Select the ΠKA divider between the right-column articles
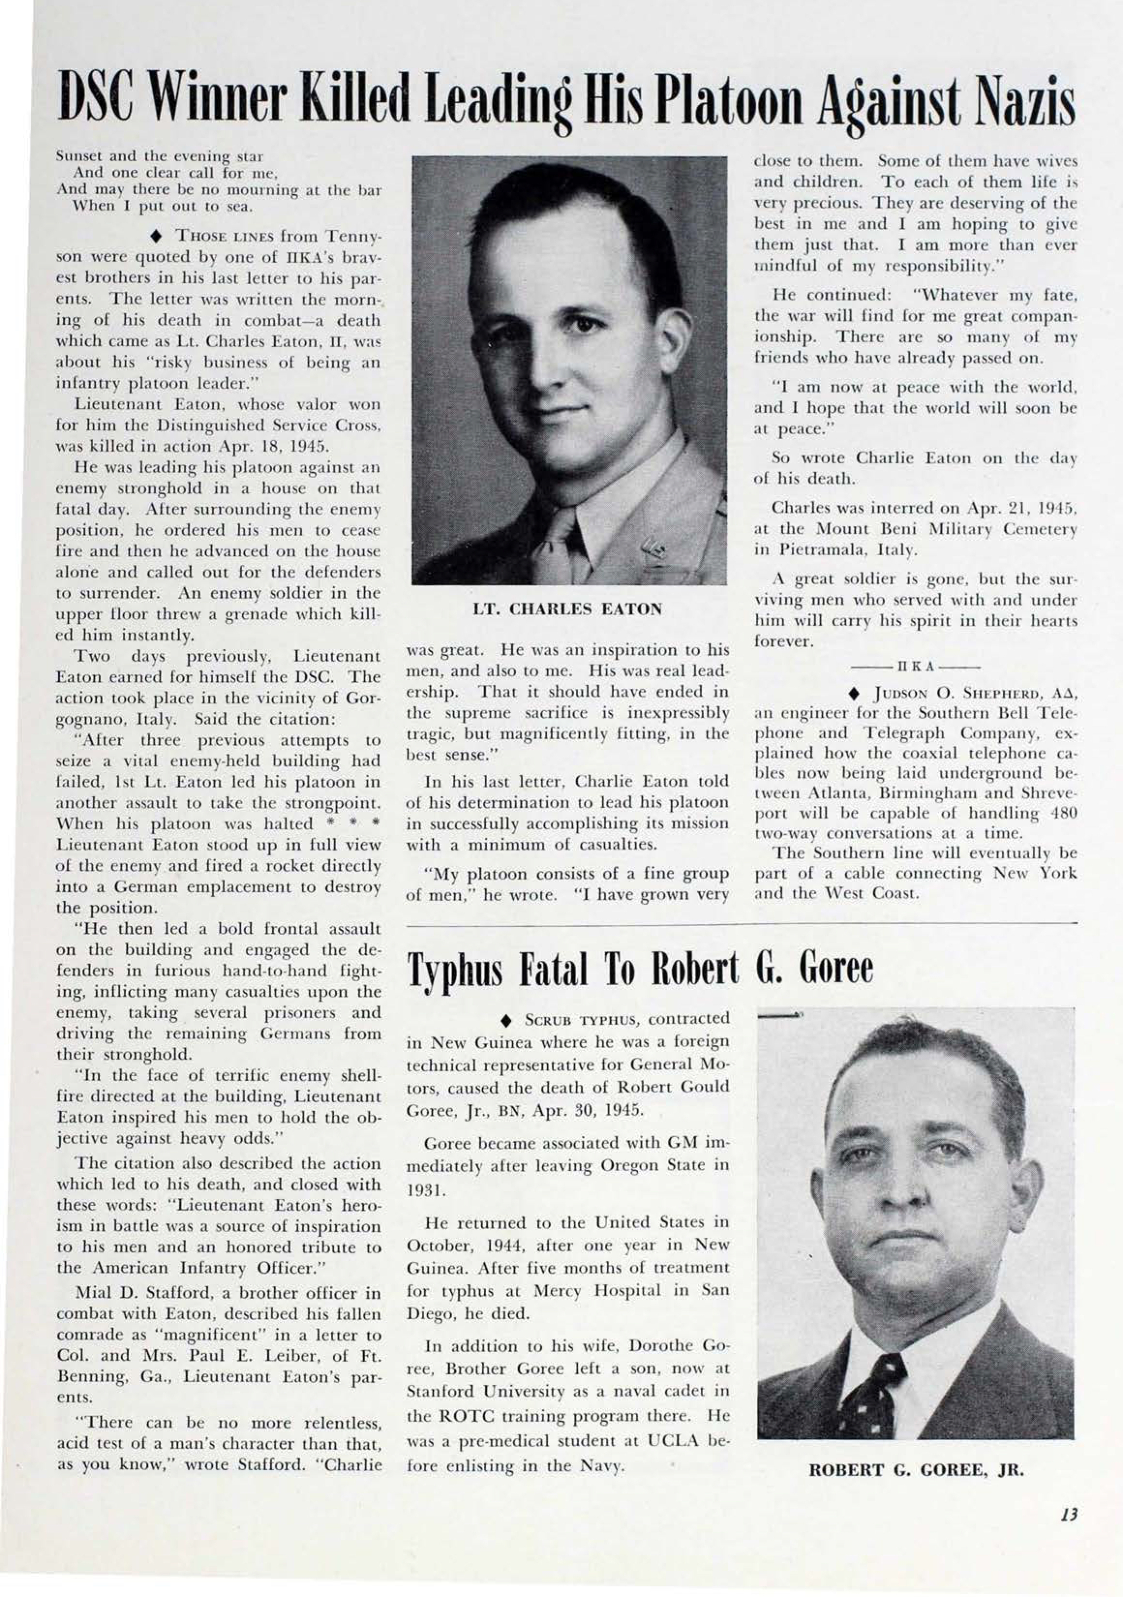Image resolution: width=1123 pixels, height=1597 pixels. pos(915,666)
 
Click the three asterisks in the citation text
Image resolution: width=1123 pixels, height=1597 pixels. pos(355,823)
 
